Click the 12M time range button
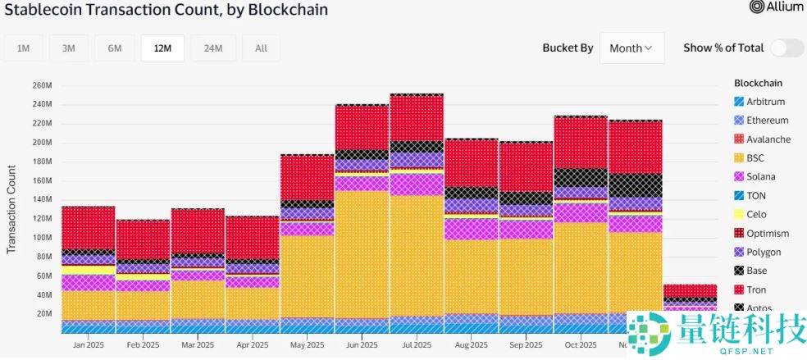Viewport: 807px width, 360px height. click(162, 48)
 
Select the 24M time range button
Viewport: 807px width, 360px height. click(213, 48)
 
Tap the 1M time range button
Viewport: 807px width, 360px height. click(24, 48)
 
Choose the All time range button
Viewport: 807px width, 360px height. click(261, 48)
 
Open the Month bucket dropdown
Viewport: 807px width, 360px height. click(631, 48)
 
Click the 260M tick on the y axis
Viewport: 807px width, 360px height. click(42, 85)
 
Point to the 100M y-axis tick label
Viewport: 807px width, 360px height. click(42, 237)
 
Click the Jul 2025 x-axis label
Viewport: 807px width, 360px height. click(417, 345)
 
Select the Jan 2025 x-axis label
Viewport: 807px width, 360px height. click(88, 345)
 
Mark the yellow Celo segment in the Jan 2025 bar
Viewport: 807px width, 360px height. click(88, 270)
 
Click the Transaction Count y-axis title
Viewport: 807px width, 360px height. click(11, 209)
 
